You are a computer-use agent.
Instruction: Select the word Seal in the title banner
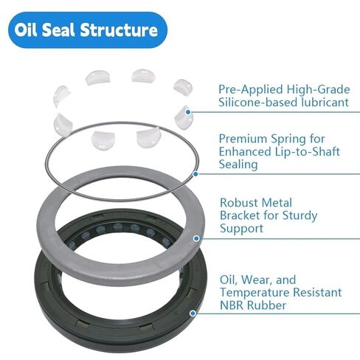66,30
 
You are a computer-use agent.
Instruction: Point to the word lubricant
320,103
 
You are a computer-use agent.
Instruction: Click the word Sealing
238,165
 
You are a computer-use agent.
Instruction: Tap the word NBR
232,305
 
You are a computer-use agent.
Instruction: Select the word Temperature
255,292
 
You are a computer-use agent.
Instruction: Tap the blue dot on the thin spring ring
195,174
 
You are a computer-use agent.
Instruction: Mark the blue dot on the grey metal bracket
195,238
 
